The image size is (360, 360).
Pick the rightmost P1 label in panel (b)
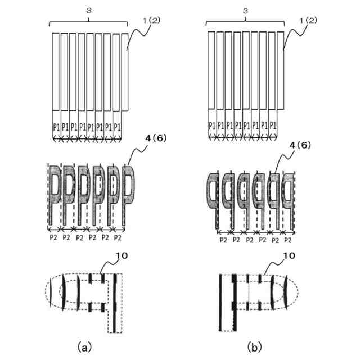coord(273,124)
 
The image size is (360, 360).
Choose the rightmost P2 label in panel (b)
coord(287,239)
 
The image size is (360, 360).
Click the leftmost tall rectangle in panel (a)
coord(56,72)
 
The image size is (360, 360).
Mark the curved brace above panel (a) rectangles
coord(89,21)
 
